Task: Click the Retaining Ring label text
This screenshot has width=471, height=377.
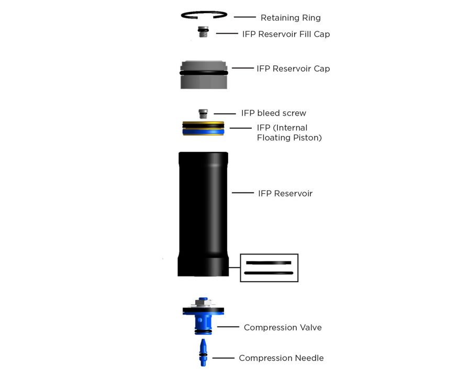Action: pos(290,18)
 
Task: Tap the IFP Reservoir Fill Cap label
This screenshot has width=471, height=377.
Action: pos(286,34)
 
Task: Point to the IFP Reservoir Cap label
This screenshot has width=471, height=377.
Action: pos(293,69)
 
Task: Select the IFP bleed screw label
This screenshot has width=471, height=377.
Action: pos(273,113)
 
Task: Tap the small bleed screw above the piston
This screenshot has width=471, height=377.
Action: pos(203,113)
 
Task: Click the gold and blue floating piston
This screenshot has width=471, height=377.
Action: pos(204,128)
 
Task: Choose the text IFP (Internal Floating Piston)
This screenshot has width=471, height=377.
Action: pos(289,133)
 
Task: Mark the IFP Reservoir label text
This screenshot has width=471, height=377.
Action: pos(285,193)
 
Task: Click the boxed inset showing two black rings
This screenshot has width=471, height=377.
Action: pos(269,268)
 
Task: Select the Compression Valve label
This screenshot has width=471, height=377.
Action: pos(283,328)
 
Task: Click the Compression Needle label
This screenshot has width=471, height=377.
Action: pos(281,358)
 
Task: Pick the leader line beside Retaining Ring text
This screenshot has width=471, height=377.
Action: pos(244,18)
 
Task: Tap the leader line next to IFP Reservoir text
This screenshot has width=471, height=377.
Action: pos(243,193)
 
